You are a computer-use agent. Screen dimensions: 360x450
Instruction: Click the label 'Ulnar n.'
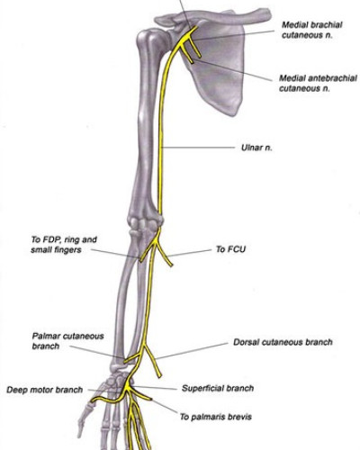click(x=256, y=148)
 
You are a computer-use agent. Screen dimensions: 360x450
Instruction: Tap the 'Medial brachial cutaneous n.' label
click(x=312, y=30)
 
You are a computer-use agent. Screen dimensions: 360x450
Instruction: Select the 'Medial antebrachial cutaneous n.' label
click(x=318, y=83)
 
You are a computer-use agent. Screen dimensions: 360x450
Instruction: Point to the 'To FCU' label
click(x=230, y=249)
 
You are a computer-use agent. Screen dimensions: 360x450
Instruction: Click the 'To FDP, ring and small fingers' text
click(x=64, y=245)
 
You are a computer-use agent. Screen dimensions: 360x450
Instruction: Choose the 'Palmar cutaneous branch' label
click(x=67, y=341)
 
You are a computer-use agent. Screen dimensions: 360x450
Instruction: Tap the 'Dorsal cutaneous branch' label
click(x=283, y=342)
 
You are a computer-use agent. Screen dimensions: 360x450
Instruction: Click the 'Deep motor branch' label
click(x=44, y=390)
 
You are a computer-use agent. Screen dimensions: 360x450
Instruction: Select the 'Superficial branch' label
click(x=218, y=388)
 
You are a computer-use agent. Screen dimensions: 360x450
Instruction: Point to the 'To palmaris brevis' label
click(x=216, y=417)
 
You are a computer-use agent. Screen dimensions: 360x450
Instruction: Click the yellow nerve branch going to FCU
click(x=164, y=254)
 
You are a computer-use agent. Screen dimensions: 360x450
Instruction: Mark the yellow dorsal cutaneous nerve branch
click(x=152, y=361)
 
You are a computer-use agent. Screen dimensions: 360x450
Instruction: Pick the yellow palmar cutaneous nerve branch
click(x=132, y=357)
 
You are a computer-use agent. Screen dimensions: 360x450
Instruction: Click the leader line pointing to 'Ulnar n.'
click(x=197, y=148)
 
